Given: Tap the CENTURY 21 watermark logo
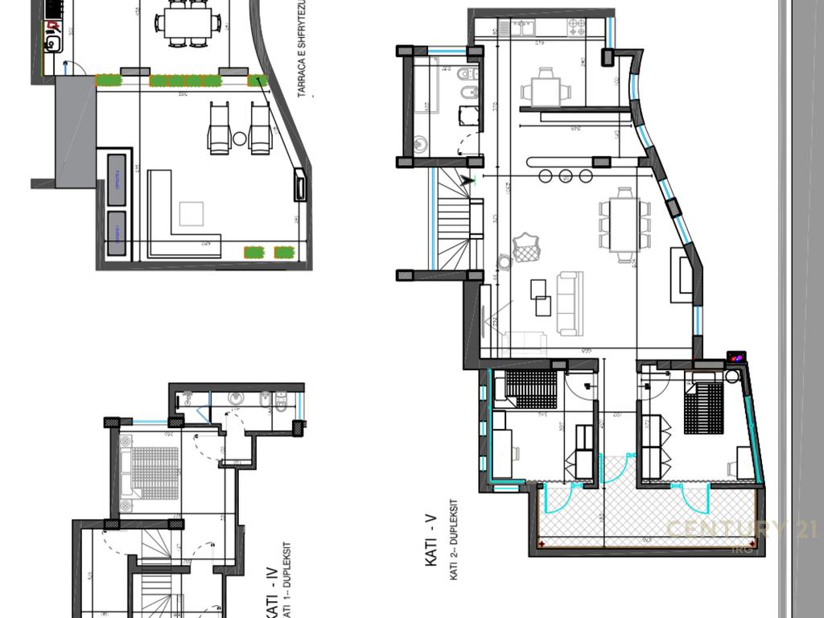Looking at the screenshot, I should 741,530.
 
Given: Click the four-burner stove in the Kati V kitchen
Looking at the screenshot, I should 576,28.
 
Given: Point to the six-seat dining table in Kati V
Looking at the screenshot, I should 624,225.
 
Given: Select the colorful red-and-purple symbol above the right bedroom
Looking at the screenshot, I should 735,356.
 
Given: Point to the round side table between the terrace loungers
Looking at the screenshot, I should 240,138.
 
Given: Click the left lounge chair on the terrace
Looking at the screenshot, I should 220,128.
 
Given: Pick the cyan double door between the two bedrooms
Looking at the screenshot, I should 615,470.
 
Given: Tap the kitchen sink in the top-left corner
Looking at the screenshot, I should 54,41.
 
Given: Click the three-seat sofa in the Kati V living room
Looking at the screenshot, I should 570,303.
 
